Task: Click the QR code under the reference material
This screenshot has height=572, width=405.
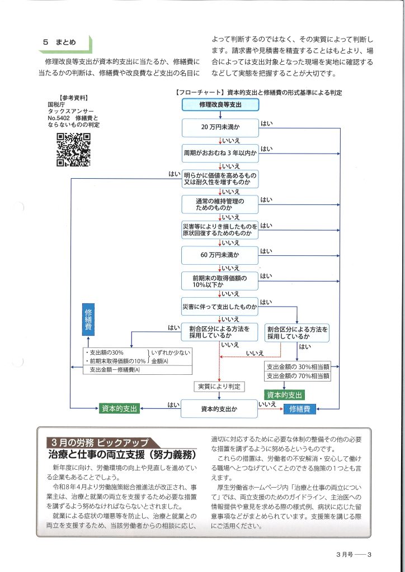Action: pyautogui.click(x=73, y=150)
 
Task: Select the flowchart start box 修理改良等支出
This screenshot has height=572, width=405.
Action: pyautogui.click(x=220, y=105)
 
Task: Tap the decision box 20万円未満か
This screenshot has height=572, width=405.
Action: pyautogui.click(x=220, y=128)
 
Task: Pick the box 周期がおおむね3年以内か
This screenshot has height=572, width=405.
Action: pyautogui.click(x=220, y=152)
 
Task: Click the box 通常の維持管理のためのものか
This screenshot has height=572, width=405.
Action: pyautogui.click(x=220, y=204)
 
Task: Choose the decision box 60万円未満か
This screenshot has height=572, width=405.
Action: pyautogui.click(x=220, y=255)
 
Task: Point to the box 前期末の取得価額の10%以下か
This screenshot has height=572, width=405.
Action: pyautogui.click(x=220, y=280)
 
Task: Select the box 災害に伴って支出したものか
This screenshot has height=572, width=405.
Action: pyautogui.click(x=220, y=307)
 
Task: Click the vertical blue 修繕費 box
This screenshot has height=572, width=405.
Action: pyautogui.click(x=88, y=320)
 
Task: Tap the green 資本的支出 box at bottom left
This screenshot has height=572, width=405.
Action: pyautogui.click(x=119, y=409)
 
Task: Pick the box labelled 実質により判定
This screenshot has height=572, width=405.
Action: pyautogui.click(x=219, y=386)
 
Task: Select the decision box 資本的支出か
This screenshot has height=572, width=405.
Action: pyautogui.click(x=219, y=409)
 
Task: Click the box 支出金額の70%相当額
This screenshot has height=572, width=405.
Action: pyautogui.click(x=298, y=376)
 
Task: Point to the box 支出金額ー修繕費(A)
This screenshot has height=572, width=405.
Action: pyautogui.click(x=112, y=369)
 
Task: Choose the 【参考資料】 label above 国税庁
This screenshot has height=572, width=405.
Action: pyautogui.click(x=73, y=97)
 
